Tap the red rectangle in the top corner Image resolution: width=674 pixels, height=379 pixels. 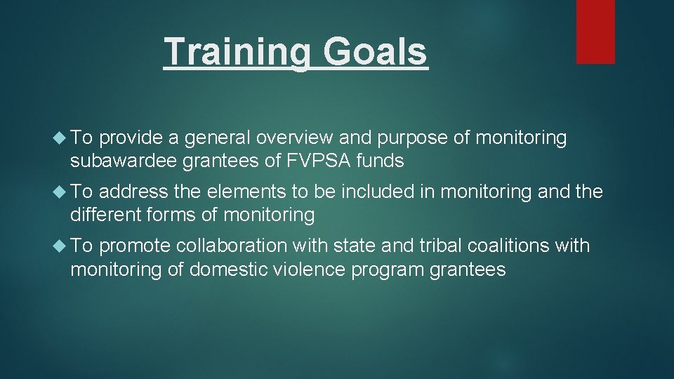coord(595,31)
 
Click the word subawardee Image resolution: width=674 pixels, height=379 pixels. coord(124,161)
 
